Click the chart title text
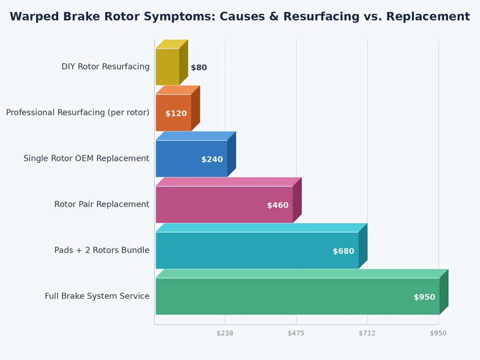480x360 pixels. coord(240,16)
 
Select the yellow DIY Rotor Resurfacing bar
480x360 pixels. coord(167,67)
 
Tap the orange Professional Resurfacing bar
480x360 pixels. coord(173,112)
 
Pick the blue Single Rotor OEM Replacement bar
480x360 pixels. coord(191,158)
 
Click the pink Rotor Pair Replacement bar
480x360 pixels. coord(224,204)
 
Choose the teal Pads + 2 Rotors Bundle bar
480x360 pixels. coord(257,250)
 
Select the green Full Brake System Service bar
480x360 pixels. coord(297,296)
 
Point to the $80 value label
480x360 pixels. coord(199,68)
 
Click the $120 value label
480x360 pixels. coord(176,113)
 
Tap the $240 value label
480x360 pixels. coord(212,160)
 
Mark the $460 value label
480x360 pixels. coord(278,205)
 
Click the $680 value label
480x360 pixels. coord(343,251)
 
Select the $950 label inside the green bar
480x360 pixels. coord(424,297)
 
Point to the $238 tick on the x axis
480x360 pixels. coord(225,333)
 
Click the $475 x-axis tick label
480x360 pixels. coord(296,333)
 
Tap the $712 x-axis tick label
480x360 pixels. coord(367,333)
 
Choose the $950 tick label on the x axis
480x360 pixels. coord(438,333)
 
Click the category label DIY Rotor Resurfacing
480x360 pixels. coord(105,67)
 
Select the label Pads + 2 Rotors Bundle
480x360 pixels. coord(101,250)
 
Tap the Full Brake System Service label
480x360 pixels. coord(97,296)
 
